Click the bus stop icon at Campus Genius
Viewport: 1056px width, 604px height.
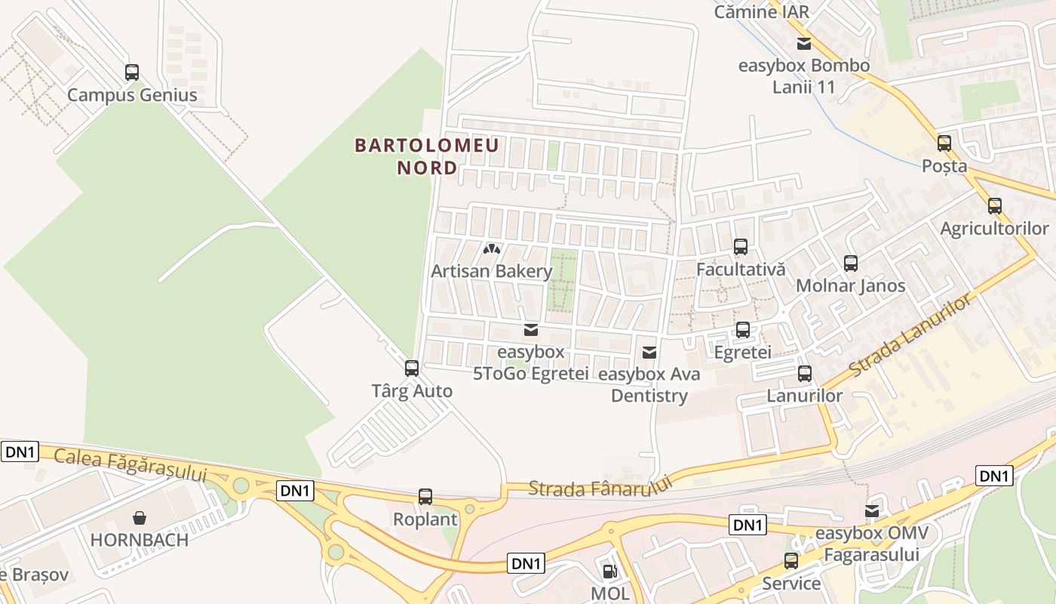coord(132,72)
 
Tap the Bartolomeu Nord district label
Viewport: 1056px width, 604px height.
coord(427,156)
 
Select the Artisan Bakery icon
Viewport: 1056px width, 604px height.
coord(492,248)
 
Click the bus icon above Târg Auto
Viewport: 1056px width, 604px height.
coord(412,368)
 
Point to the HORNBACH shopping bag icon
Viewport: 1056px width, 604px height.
coord(140,518)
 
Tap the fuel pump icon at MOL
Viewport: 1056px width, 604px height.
coord(609,572)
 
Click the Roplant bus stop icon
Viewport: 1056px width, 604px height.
coord(425,497)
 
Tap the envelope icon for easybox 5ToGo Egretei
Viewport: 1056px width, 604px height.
coord(531,330)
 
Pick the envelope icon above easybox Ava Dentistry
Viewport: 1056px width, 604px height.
coord(649,353)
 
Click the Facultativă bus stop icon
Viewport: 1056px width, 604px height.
coord(741,247)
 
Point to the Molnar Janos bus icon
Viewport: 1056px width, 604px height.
coord(851,263)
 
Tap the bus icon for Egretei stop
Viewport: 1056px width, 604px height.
coord(743,330)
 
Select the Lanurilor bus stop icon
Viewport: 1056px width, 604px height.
coord(805,374)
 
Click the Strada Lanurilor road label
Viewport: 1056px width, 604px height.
coord(910,337)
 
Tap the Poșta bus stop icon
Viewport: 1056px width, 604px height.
coord(944,143)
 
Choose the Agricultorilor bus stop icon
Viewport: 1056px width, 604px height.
coord(995,206)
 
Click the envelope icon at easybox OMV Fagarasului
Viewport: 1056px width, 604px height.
coord(872,511)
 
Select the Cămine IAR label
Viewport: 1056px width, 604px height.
coord(761,11)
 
